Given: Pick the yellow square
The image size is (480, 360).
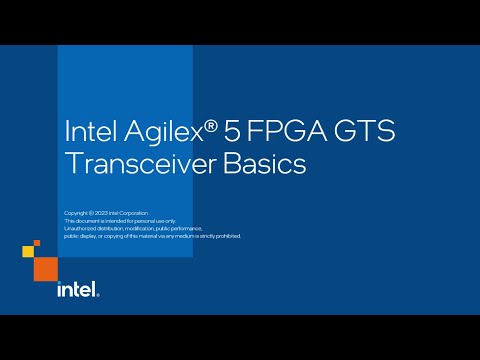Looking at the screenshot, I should pos(28,251).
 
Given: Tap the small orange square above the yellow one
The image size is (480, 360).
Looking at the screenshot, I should pos(37,242).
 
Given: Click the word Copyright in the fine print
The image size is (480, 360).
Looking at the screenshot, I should pos(76,213).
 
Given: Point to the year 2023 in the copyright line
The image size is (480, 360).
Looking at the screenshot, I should pos(103,213).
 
